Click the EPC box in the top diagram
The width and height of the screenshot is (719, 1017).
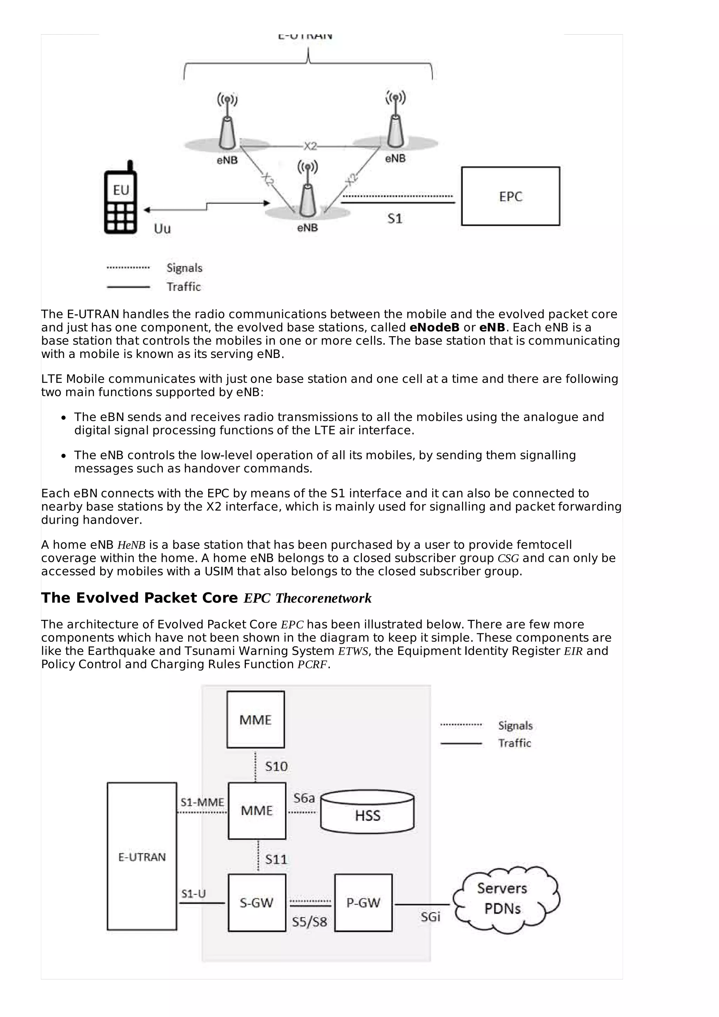[510, 196]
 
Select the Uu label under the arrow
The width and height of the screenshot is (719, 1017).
[162, 228]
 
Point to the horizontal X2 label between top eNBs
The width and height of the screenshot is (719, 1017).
[310, 146]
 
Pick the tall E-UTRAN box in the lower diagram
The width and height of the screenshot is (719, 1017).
[142, 857]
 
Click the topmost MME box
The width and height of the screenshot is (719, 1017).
[256, 720]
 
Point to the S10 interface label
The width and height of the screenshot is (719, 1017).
[276, 767]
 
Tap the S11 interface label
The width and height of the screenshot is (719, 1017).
[276, 860]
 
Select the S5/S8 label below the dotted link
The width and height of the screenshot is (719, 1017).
[309, 922]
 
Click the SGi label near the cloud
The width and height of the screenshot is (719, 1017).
[430, 917]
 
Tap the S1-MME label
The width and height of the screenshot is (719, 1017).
[202, 802]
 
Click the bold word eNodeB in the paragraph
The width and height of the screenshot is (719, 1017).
[434, 327]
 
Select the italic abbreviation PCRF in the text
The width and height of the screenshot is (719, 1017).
[312, 664]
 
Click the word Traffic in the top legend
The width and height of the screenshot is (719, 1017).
[183, 287]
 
